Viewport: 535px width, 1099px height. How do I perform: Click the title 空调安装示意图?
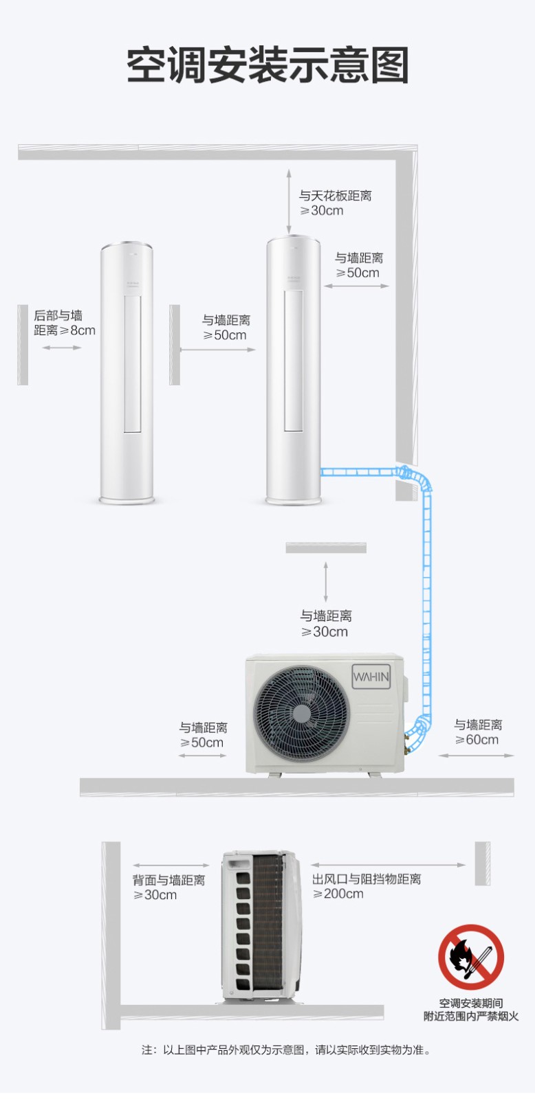pyautogui.click(x=267, y=65)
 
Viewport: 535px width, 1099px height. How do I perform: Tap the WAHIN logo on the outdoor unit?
pyautogui.click(x=371, y=677)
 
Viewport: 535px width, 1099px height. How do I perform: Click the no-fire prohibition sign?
pyautogui.click(x=471, y=957)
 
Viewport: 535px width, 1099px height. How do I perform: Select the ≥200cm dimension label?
pyautogui.click(x=338, y=894)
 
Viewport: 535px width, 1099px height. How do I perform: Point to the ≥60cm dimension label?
pyautogui.click(x=477, y=739)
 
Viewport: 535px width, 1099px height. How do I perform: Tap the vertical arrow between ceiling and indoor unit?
pyautogui.click(x=289, y=202)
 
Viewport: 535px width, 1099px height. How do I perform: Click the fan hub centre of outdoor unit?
pyautogui.click(x=301, y=713)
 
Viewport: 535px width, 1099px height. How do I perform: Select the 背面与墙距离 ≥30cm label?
pyautogui.click(x=168, y=887)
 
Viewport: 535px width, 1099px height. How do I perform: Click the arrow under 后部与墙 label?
pyautogui.click(x=62, y=348)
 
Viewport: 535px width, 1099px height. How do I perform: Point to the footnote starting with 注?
pyautogui.click(x=286, y=1050)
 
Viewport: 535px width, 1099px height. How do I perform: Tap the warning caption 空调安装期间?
pyautogui.click(x=470, y=1003)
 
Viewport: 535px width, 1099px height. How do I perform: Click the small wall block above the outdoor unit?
pyautogui.click(x=326, y=547)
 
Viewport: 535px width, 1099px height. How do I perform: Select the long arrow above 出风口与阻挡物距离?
pyautogui.click(x=388, y=865)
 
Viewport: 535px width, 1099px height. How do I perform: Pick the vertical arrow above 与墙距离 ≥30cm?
pyautogui.click(x=326, y=582)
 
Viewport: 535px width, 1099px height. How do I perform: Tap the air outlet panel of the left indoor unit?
pyautogui.click(x=132, y=363)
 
